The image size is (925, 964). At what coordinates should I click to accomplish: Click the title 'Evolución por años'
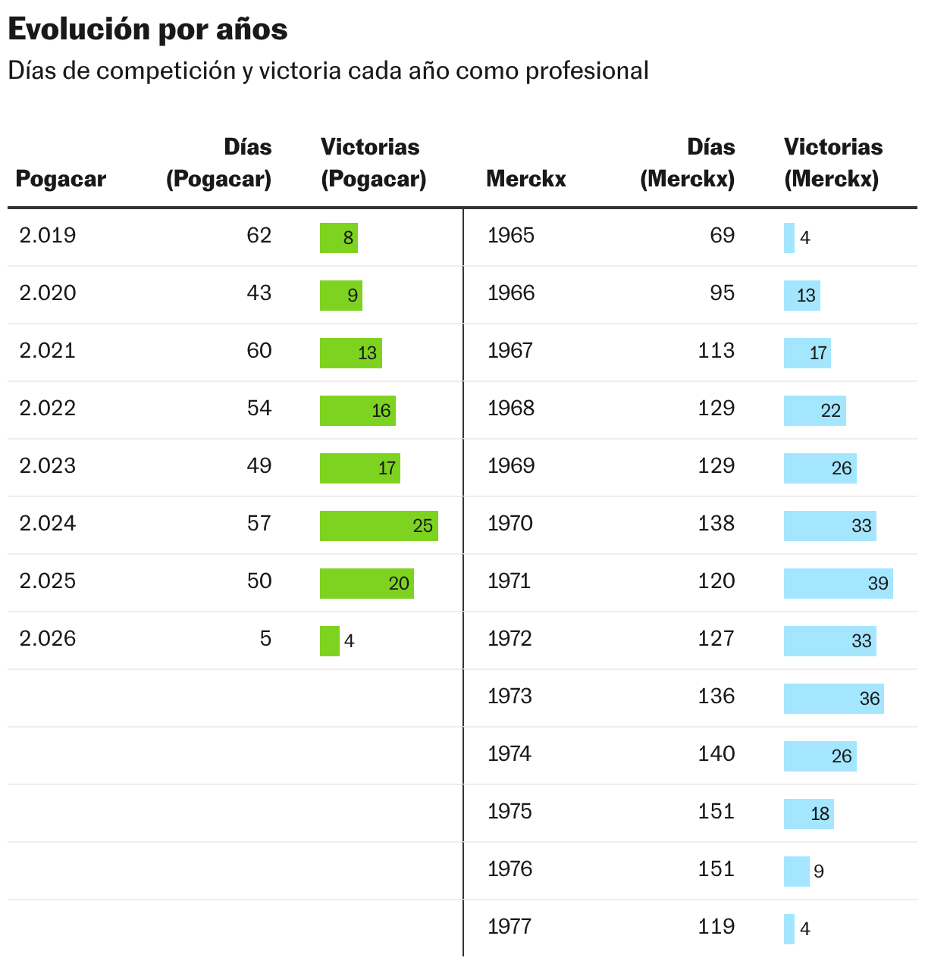[148, 30]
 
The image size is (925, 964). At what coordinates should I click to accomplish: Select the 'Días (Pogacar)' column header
[218, 163]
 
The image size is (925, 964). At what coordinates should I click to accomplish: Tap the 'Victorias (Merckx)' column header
[832, 163]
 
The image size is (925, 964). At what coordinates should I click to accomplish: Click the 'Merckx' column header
[525, 179]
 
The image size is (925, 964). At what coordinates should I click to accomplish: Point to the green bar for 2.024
[378, 526]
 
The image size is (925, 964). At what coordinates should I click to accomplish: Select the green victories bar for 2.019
[338, 238]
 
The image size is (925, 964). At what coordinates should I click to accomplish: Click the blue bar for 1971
[838, 584]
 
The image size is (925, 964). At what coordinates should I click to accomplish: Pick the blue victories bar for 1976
[796, 872]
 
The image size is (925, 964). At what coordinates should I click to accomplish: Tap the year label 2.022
[48, 408]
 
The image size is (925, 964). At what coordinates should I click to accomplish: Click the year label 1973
[510, 696]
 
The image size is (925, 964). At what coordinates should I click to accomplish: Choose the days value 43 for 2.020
[259, 293]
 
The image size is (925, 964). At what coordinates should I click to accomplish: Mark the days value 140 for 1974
[716, 754]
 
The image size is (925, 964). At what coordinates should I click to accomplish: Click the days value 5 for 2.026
[265, 639]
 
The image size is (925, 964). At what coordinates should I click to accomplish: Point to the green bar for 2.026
[329, 641]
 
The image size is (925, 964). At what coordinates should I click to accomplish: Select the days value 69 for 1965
[722, 236]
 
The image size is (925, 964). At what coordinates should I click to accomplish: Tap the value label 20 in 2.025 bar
[399, 584]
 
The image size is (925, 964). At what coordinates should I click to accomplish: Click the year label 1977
[510, 927]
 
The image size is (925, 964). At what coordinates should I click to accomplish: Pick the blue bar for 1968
[814, 411]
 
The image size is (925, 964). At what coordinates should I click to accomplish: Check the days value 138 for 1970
[716, 524]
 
